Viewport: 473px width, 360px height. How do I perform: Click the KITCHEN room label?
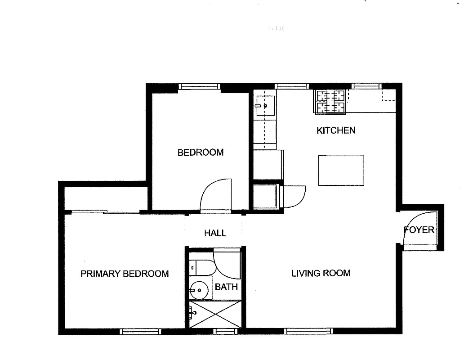coord(336,130)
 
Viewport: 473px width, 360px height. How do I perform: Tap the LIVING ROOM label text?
coord(321,273)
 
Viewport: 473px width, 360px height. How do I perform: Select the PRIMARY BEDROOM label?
coord(125,274)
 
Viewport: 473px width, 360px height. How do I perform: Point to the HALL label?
coord(215,233)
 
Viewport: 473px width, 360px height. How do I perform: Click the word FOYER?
coord(419,230)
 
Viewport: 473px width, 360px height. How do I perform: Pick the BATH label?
coord(226,287)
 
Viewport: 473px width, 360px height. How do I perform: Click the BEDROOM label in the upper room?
coord(201,153)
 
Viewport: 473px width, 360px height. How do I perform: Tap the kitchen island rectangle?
coord(341,170)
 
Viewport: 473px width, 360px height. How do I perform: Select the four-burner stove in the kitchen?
coord(331,101)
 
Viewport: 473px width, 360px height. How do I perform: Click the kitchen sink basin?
coord(266,106)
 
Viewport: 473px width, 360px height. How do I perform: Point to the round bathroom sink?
coord(201,290)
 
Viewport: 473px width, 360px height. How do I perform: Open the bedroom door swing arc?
coord(215,195)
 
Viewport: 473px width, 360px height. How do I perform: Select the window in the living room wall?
coord(309,331)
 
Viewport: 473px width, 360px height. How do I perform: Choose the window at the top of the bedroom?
coord(199,86)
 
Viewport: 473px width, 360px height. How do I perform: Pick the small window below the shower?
coord(226,332)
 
